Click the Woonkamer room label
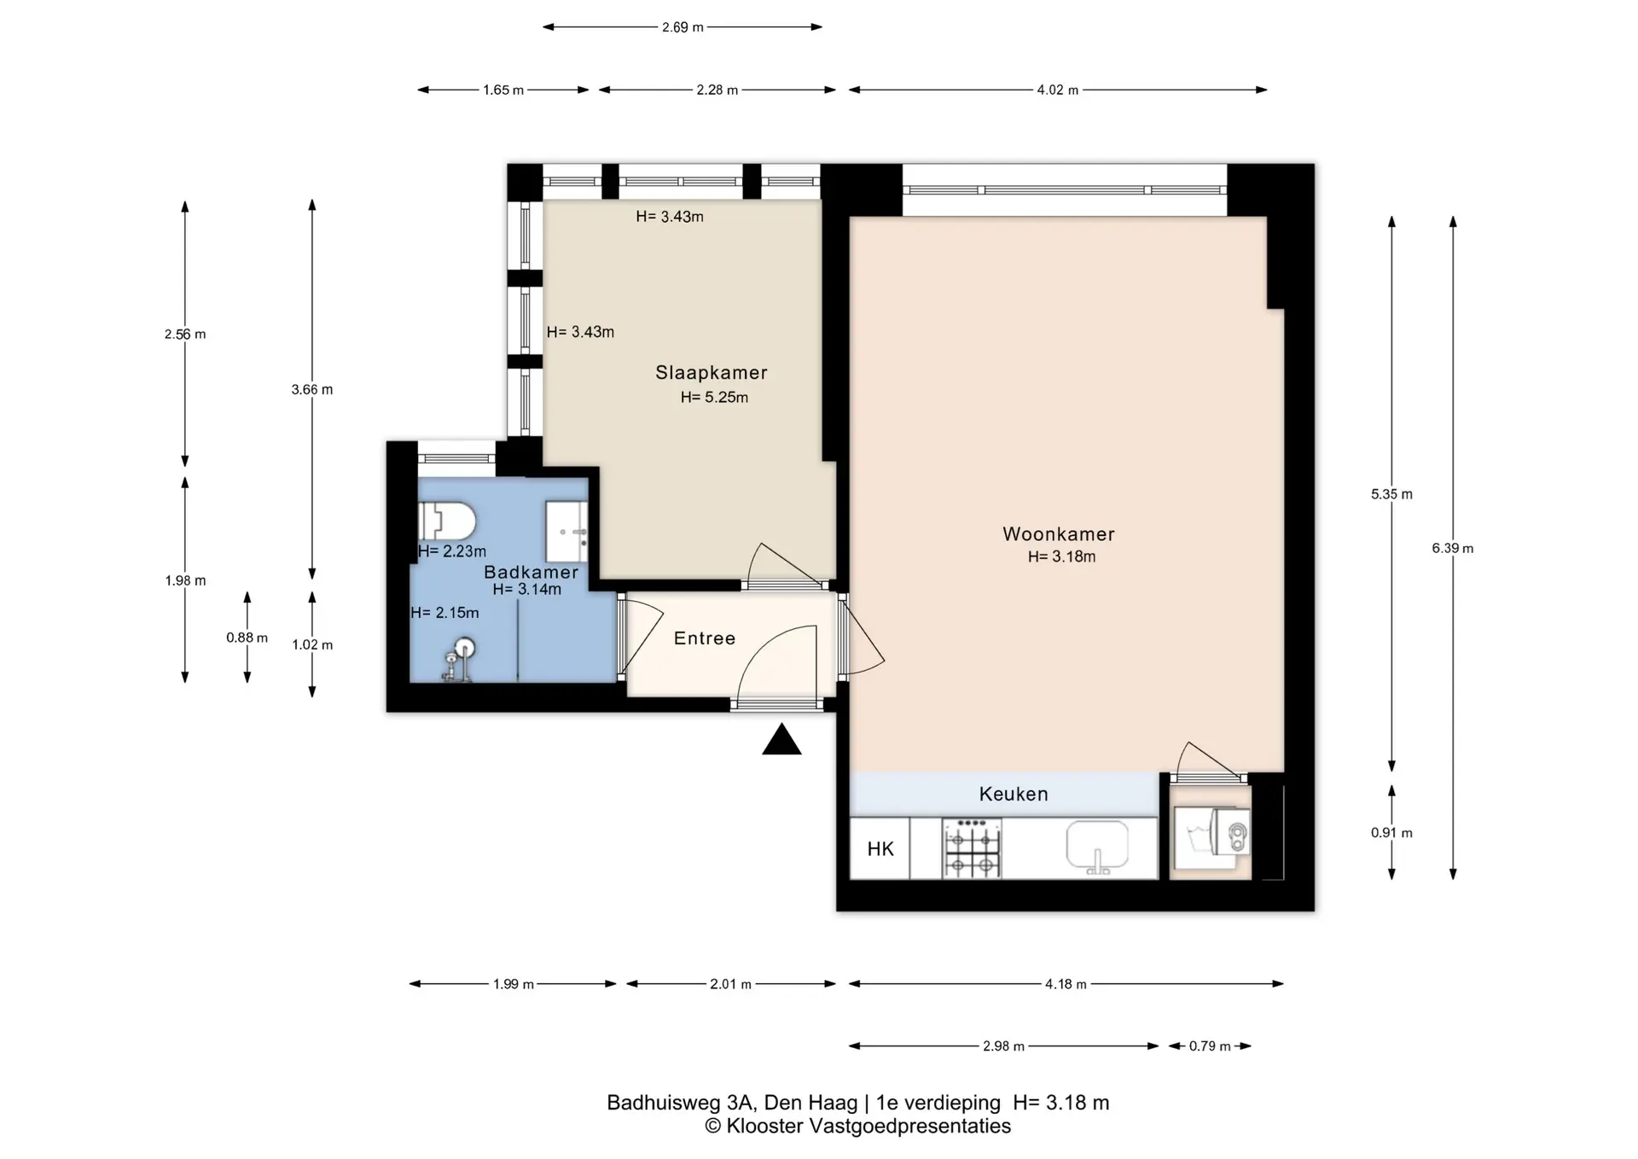(x=1059, y=534)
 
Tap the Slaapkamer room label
(x=712, y=373)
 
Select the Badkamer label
(x=531, y=573)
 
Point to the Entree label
(x=705, y=638)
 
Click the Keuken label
(x=1014, y=795)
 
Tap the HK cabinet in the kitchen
(x=880, y=848)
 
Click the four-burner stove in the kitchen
(x=971, y=848)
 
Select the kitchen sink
(x=1097, y=847)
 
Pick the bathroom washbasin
(x=566, y=532)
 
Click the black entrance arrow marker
(x=781, y=740)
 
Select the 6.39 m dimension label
(x=1453, y=549)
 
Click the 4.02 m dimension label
(x=1058, y=90)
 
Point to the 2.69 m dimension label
(x=682, y=27)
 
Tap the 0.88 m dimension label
(x=247, y=638)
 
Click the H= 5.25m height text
(x=714, y=397)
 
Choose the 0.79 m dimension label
(x=1210, y=1046)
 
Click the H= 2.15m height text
(x=444, y=613)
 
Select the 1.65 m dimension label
(x=503, y=90)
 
